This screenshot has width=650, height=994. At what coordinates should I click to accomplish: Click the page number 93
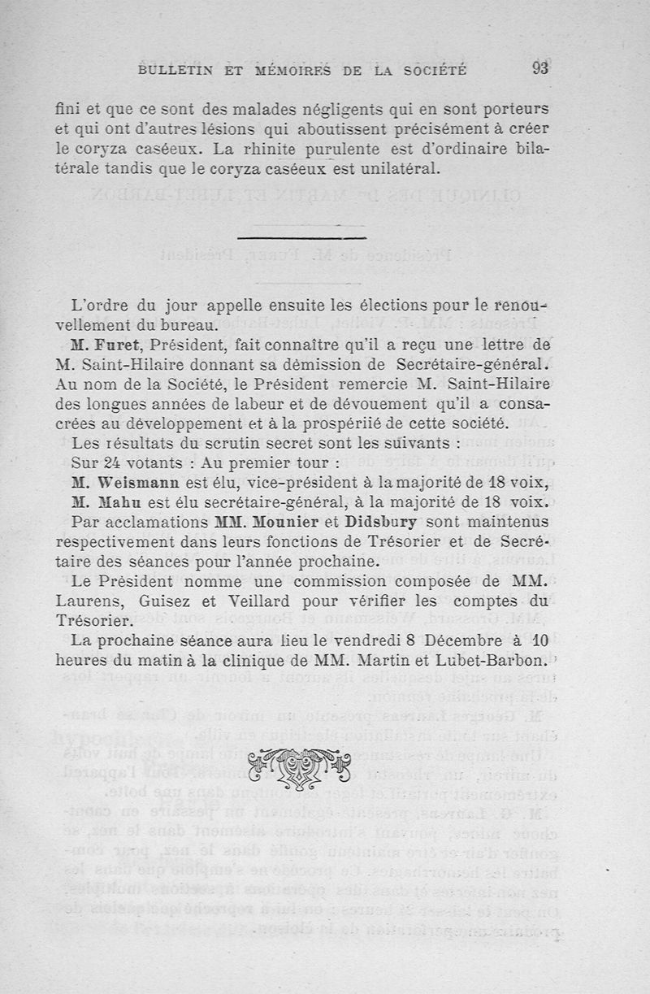click(541, 68)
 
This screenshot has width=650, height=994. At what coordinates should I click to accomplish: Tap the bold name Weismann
click(134, 482)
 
